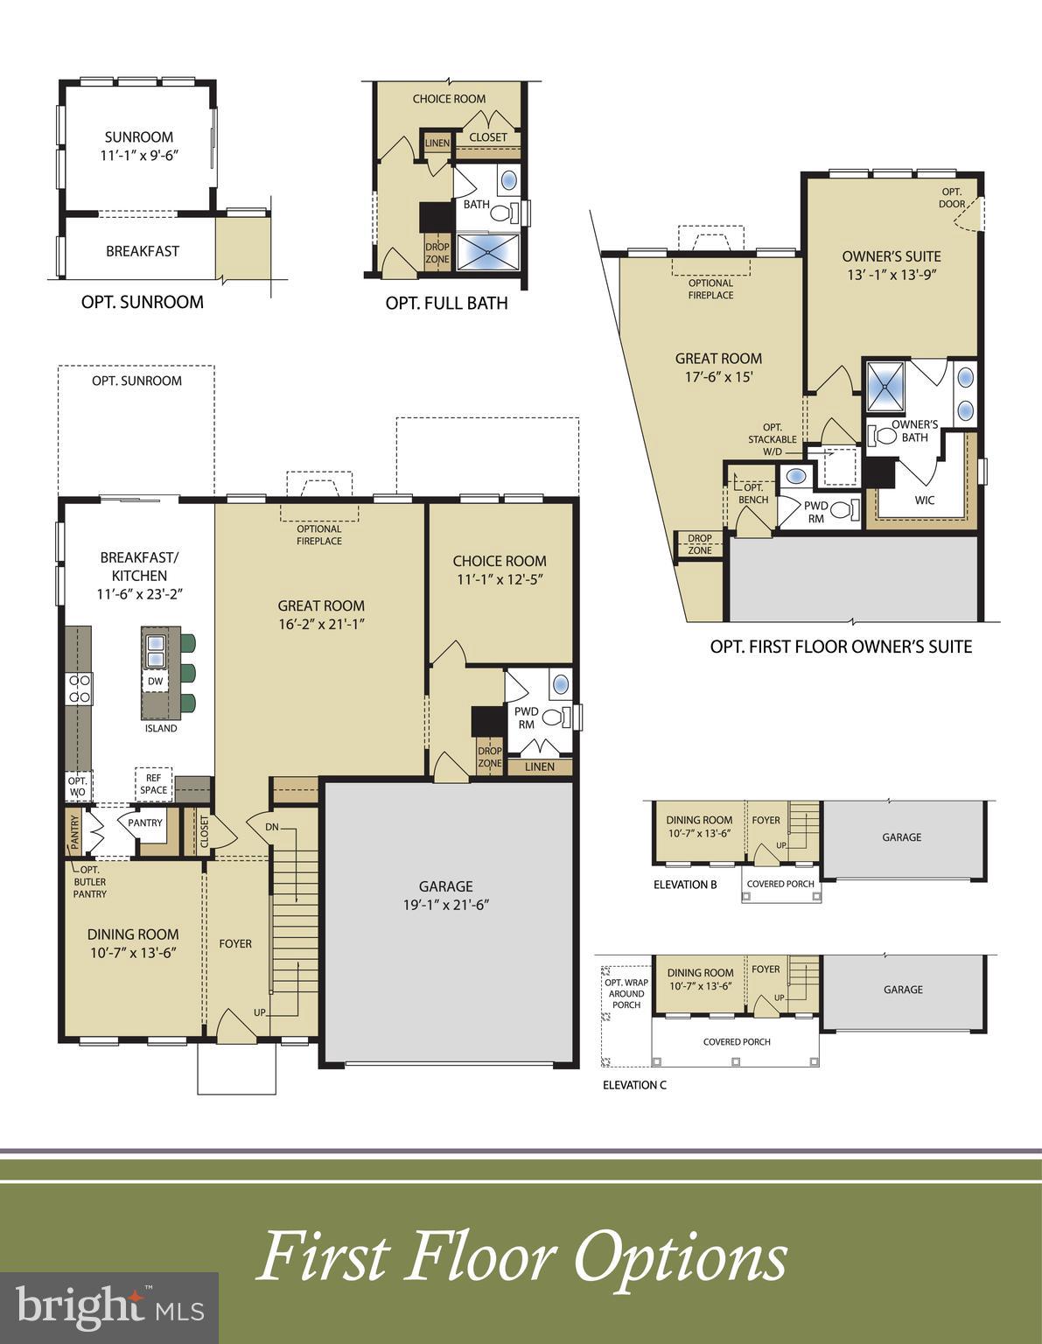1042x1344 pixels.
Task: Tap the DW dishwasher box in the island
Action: click(x=155, y=681)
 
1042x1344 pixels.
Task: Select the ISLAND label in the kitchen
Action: click(x=161, y=728)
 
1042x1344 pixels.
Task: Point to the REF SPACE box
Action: click(x=153, y=784)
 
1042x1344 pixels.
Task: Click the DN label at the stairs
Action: click(x=272, y=826)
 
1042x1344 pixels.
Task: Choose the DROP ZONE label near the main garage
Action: click(x=490, y=757)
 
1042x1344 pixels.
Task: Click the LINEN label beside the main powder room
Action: click(x=540, y=766)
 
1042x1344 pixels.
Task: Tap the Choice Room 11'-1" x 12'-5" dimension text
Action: click(x=500, y=579)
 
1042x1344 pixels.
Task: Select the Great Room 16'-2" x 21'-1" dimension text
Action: click(x=321, y=624)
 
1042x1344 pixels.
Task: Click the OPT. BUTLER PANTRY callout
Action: click(x=89, y=882)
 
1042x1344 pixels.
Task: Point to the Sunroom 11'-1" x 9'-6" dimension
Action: click(x=139, y=155)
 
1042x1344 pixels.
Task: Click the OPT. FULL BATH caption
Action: click(x=446, y=304)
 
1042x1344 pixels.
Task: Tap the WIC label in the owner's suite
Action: click(x=924, y=500)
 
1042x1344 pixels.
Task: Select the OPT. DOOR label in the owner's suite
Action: click(x=952, y=198)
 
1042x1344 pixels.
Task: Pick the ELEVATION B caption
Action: click(x=685, y=885)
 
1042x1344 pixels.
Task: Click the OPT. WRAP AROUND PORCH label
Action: click(x=626, y=994)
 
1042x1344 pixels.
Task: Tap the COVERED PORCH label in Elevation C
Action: click(x=736, y=1042)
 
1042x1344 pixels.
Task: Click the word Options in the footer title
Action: click(x=680, y=1256)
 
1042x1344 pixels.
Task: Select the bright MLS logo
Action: click(x=109, y=1308)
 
